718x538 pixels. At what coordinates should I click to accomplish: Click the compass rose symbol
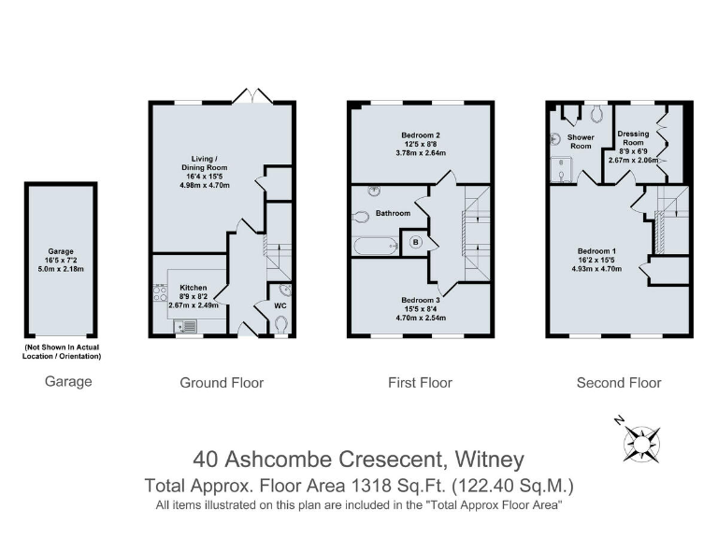click(642, 439)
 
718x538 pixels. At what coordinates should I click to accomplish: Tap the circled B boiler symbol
click(416, 242)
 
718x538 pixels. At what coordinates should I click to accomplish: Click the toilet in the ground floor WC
click(281, 323)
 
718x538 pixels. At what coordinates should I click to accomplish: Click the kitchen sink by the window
click(187, 326)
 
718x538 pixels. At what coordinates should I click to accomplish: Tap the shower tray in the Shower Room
click(561, 169)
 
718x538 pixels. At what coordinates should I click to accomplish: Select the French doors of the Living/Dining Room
click(252, 96)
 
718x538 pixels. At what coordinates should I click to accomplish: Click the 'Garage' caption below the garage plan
click(68, 382)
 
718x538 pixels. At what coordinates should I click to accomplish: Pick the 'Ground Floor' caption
click(222, 382)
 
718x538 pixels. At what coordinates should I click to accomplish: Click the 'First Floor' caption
click(420, 382)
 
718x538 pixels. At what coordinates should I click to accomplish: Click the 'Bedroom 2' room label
click(420, 135)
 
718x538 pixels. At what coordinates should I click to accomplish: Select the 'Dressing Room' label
click(633, 136)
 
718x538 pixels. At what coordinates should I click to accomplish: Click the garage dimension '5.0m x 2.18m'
click(60, 270)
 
